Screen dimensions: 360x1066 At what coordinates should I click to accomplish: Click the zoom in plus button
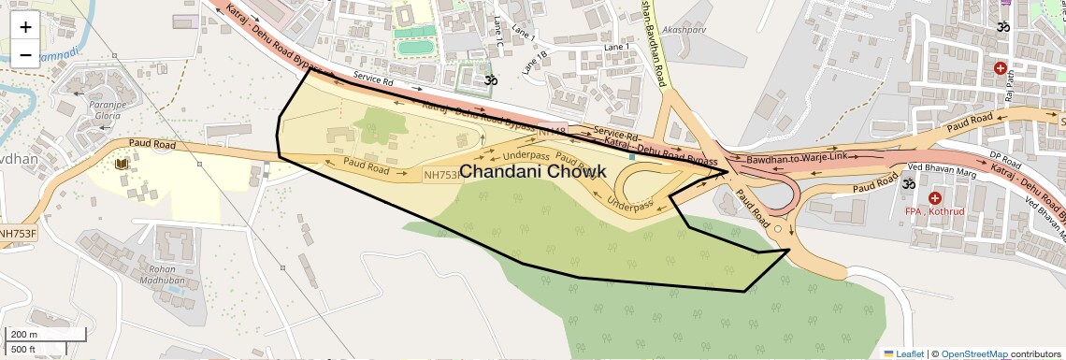[x=25, y=26]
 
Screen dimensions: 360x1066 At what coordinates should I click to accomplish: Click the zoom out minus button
[x=25, y=54]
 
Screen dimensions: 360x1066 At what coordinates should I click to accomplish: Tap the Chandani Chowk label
[x=533, y=172]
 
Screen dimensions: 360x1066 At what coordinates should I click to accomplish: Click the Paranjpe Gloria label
[x=106, y=110]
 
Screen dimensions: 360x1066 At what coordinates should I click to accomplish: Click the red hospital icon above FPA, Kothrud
[x=934, y=197]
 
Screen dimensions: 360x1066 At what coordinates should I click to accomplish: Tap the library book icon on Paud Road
[x=121, y=165]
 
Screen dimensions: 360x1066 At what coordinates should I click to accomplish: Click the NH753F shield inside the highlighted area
[x=442, y=174]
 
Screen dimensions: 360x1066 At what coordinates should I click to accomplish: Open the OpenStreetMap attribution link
[x=973, y=353]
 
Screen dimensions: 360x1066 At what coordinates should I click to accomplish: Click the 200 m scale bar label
[x=24, y=335]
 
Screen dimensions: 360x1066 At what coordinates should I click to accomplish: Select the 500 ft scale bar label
[x=24, y=349]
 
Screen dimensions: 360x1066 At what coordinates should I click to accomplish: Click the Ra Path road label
[x=1010, y=88]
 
